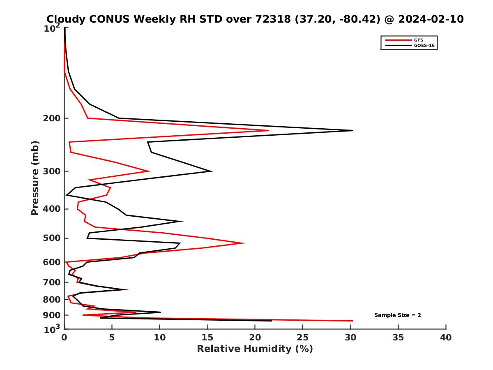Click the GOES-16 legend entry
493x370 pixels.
point(424,46)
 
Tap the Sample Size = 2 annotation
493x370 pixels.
point(397,315)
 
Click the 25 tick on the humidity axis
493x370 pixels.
point(303,338)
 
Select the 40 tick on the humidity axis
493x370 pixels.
point(446,338)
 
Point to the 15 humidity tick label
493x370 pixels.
point(207,338)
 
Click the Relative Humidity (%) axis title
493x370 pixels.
point(255,349)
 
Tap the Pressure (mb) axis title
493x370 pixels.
point(35,178)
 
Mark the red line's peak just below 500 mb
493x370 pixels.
point(245,243)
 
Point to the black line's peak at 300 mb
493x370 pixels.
point(212,171)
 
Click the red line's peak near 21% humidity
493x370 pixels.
point(268,131)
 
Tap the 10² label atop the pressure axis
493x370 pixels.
point(53,28)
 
